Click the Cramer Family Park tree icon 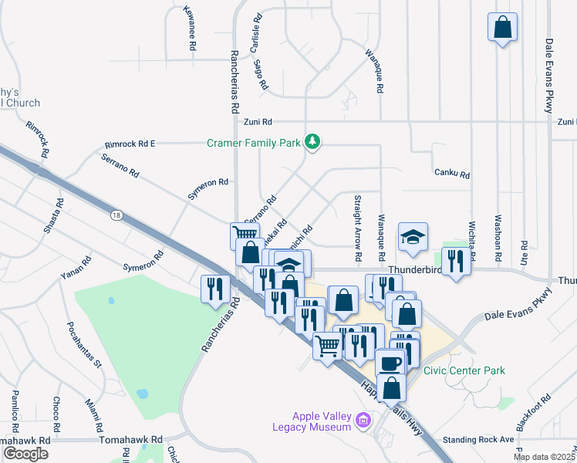click(312, 142)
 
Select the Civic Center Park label click(464, 370)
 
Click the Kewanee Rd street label click(190, 29)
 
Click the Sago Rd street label click(261, 74)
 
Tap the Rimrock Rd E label click(130, 144)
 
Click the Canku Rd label click(452, 175)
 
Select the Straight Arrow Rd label click(358, 227)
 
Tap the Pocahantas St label click(84, 345)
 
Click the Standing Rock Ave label click(484, 439)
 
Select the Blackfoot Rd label click(535, 413)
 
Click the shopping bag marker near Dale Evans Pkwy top click(502, 28)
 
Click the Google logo click(25, 454)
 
